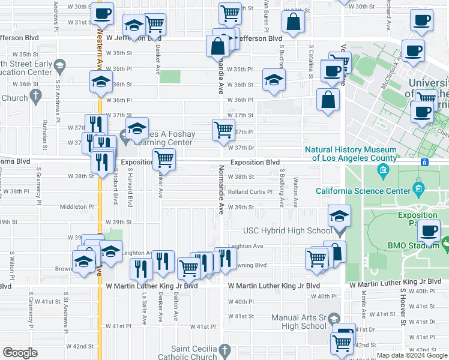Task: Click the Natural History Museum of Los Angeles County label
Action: [351, 154]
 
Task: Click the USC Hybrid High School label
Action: [287, 230]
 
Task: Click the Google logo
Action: [20, 353]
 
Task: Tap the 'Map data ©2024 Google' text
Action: [412, 355]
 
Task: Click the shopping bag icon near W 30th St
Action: [294, 22]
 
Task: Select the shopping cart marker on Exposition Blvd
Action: [164, 160]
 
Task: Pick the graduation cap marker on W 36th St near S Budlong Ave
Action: [274, 80]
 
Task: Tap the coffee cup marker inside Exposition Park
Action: [429, 231]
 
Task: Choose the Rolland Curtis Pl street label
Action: [250, 192]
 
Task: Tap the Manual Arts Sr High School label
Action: [298, 322]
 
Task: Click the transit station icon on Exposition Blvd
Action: [424, 162]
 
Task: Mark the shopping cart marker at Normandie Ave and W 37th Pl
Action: [223, 129]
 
